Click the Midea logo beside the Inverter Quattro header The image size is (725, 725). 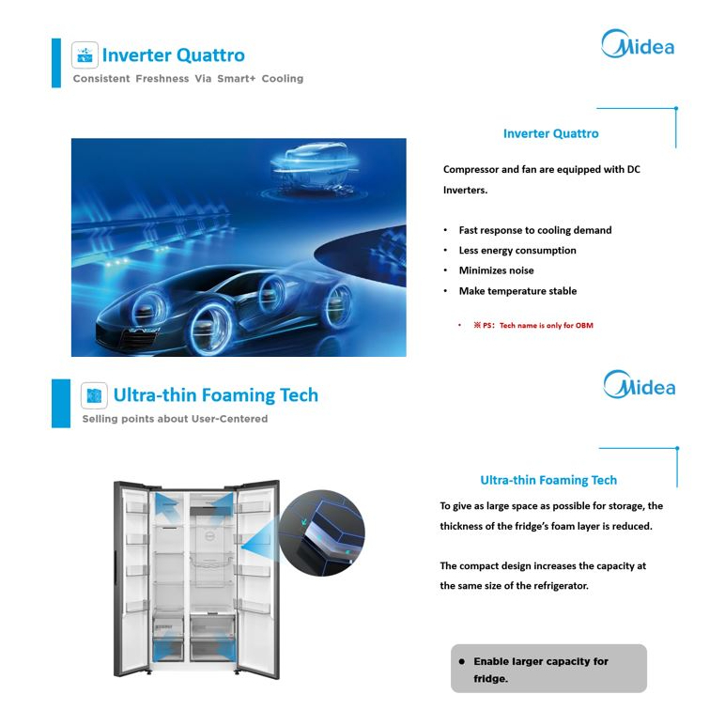pos(638,44)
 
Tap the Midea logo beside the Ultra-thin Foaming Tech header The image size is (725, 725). pos(640,385)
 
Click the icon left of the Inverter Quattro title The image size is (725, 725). pos(85,55)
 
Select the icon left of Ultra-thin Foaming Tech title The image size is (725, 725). pos(94,395)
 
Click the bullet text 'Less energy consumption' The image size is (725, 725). pos(517,250)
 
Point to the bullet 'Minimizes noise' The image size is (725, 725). pos(496,270)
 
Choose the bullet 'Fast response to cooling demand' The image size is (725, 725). pos(535,230)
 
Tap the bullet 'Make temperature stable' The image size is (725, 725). pos(517,291)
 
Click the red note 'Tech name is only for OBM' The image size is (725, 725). pos(546,326)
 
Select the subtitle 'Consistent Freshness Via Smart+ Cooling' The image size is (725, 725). pos(188,79)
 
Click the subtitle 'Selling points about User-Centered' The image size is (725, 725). pos(175,419)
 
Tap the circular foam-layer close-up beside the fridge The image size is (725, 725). pos(322,532)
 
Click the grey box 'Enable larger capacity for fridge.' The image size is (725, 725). pos(548,669)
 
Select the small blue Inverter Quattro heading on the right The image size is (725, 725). pos(550,133)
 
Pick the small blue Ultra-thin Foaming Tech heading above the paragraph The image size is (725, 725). pos(548,480)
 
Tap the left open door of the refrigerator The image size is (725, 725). pos(131,578)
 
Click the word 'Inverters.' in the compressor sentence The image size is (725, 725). pos(465,190)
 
